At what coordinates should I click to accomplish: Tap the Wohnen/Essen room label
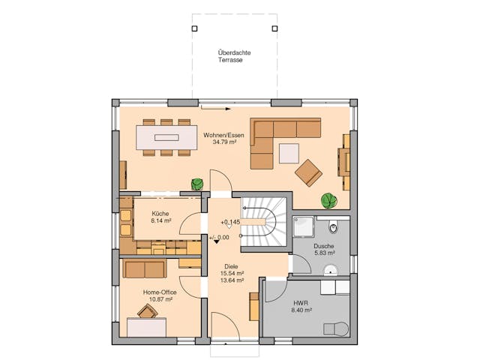tap(223, 134)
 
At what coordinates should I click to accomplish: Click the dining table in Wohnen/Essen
tap(166, 137)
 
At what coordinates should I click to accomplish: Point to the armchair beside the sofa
tap(308, 172)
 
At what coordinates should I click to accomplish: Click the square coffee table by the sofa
tap(289, 153)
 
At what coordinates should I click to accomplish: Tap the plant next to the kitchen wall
tap(198, 184)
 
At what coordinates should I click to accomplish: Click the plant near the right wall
tap(328, 200)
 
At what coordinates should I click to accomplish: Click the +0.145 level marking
tap(230, 222)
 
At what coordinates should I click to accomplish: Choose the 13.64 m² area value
tap(231, 281)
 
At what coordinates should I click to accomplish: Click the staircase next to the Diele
tap(263, 223)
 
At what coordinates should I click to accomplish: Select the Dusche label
tap(324, 247)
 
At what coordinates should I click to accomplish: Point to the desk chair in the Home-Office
tap(147, 310)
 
